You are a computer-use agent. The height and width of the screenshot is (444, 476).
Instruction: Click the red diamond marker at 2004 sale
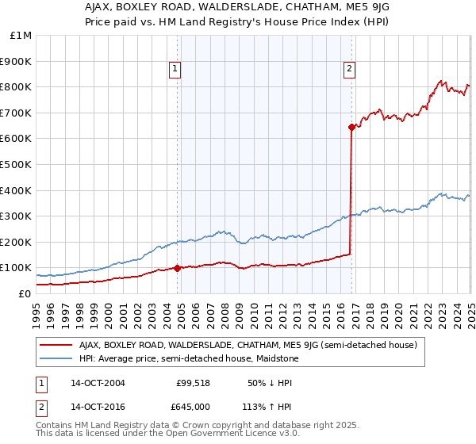[177, 268]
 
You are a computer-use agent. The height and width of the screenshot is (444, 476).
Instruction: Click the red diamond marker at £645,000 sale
[351, 126]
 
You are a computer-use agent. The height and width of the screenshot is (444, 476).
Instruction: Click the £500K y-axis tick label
[16, 165]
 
